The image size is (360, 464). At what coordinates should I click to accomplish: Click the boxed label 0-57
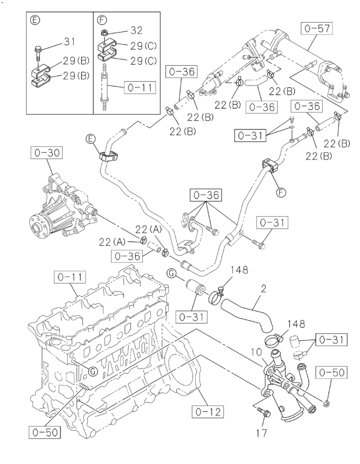[x=318, y=29]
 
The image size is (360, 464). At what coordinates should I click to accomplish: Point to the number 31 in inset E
[x=69, y=42]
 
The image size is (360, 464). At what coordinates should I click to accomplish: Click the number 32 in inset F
[x=136, y=30]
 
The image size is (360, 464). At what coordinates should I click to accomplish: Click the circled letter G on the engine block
[x=93, y=371]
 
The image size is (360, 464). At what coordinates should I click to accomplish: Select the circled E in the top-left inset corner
[x=33, y=19]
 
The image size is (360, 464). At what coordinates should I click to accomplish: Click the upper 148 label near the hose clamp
[x=233, y=270]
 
